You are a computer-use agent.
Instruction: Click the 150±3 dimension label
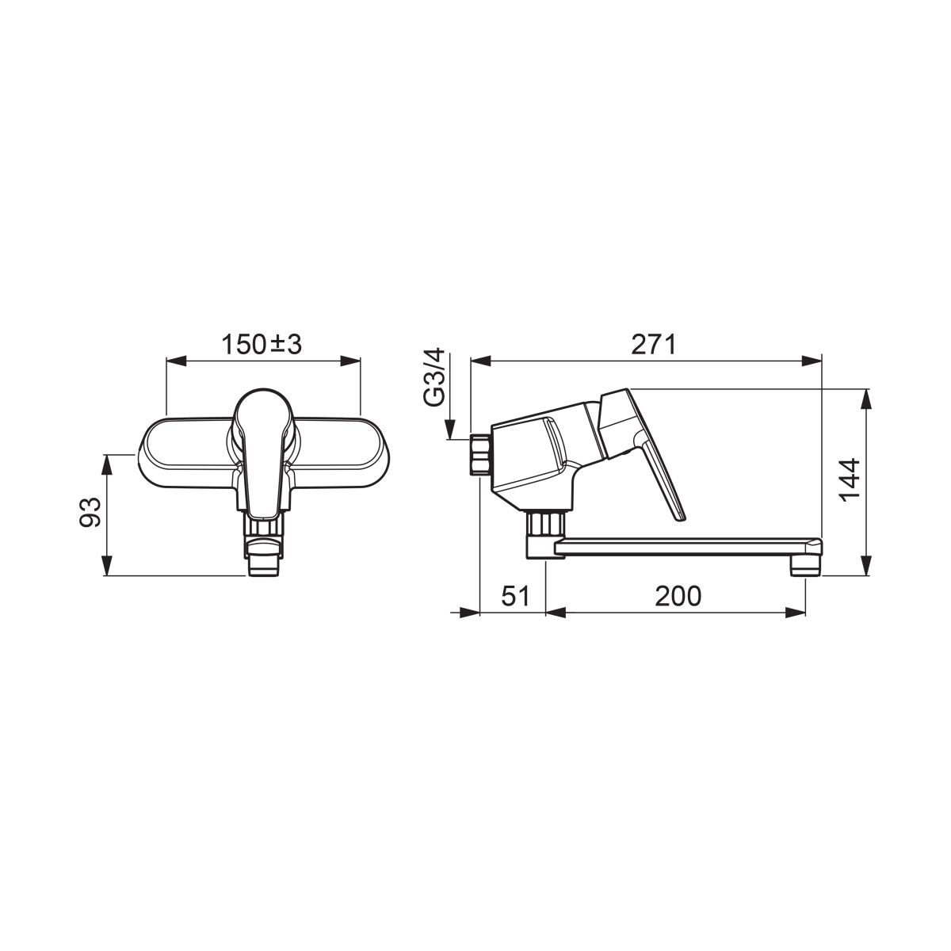262,345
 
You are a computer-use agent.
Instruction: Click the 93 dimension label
91,512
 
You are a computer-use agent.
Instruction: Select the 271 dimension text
653,345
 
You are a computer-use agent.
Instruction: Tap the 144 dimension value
850,480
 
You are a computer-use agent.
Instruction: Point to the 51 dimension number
516,596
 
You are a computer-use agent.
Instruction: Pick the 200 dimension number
678,596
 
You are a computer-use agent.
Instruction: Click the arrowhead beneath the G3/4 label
450,429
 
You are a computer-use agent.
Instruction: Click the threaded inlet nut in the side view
479,455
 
